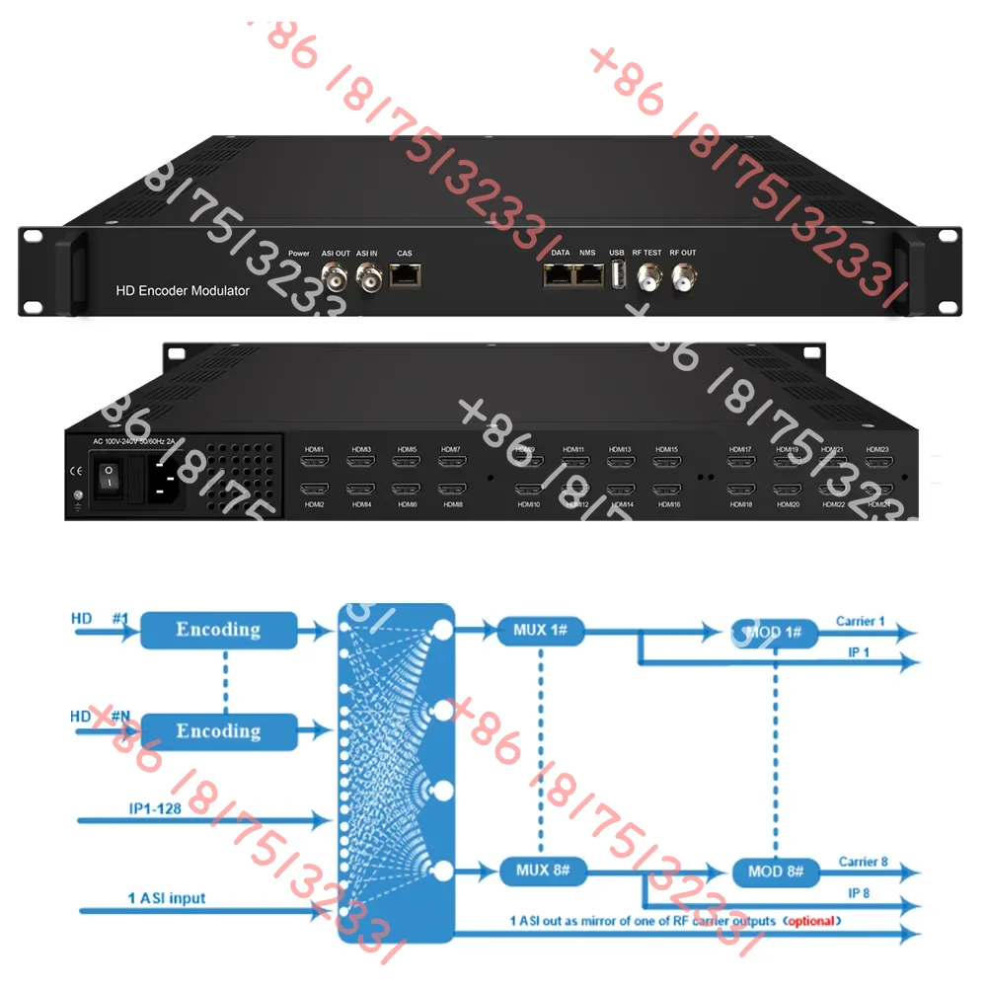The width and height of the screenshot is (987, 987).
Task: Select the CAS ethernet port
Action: coord(405,276)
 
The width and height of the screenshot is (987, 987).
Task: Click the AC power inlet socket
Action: coord(164,482)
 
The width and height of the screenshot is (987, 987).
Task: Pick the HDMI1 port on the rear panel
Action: coord(314,462)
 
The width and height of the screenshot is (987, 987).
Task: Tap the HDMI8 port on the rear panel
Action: coord(452,489)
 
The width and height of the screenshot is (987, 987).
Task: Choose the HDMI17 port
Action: coord(740,462)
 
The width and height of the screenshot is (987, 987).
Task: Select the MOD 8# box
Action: coord(776,873)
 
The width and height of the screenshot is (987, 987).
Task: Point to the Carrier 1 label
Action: coord(861,621)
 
